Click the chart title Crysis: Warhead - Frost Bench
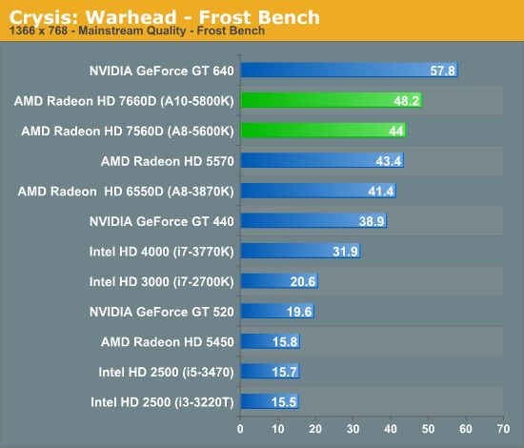click(x=165, y=17)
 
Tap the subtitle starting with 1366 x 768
click(x=137, y=31)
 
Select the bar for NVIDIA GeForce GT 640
click(x=350, y=70)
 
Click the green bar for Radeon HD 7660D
click(x=332, y=100)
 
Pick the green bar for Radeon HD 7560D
click(x=323, y=130)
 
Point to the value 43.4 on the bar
click(x=389, y=161)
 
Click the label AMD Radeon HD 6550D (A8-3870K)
click(x=126, y=192)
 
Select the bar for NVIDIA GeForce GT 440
click(x=313, y=220)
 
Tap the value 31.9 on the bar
click(x=345, y=252)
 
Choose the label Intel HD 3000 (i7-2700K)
click(x=161, y=282)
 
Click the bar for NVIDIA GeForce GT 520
click(x=277, y=311)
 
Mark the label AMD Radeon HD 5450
click(x=168, y=342)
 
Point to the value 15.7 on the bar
click(x=285, y=372)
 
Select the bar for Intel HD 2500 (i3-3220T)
click(x=270, y=401)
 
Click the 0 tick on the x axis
click(x=240, y=429)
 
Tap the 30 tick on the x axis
click(x=353, y=429)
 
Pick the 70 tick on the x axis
click(x=503, y=429)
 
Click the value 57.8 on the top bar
click(x=442, y=71)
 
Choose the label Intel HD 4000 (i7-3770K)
click(x=161, y=252)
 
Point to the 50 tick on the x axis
click(x=428, y=429)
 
